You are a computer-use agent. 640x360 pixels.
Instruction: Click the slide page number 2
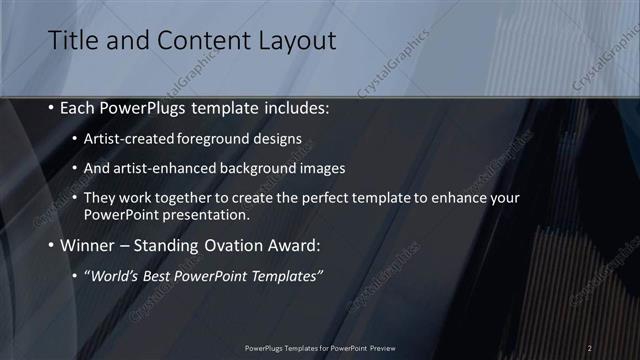click(589, 348)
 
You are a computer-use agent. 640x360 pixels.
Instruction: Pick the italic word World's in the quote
click(112, 276)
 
